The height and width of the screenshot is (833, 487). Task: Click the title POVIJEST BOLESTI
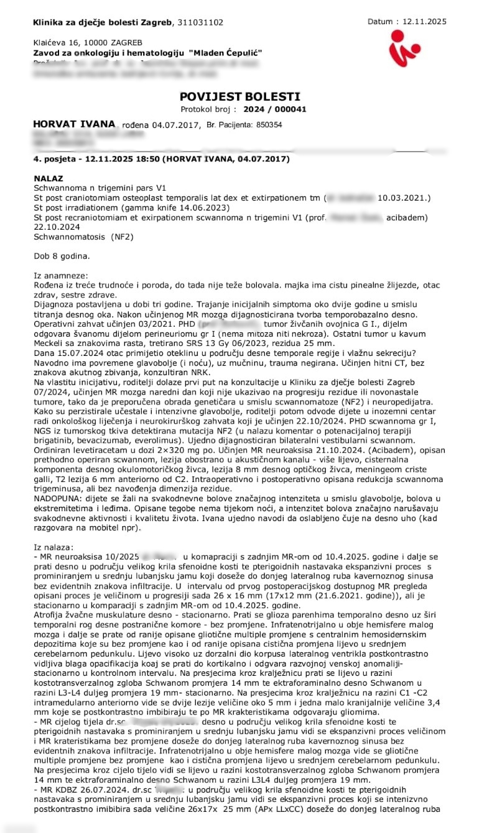239,96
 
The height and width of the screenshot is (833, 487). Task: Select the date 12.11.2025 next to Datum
425,21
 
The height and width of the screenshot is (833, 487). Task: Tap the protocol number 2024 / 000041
275,109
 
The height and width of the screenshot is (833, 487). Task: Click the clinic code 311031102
200,22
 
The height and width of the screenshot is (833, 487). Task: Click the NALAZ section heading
48,178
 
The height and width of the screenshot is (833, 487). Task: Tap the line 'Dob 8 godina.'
62,255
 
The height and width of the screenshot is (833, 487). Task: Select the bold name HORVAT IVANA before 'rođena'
75,125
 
